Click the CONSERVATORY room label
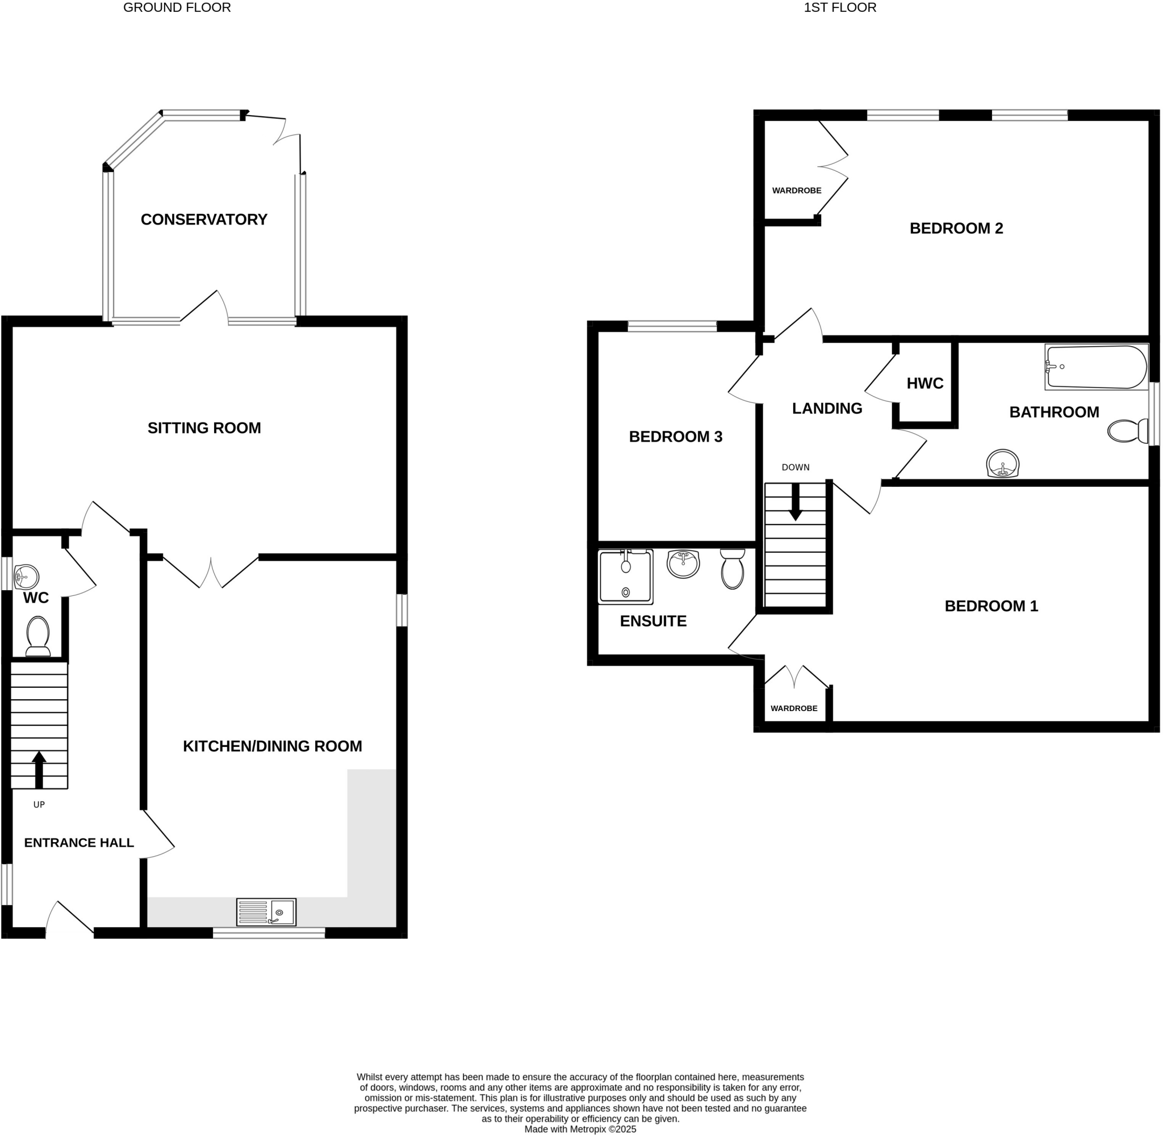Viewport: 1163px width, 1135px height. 203,220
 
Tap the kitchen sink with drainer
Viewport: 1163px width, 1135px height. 266,912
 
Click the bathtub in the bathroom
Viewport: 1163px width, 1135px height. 1095,367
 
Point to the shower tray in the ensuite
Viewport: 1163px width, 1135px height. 625,577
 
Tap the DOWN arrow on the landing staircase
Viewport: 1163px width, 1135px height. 795,503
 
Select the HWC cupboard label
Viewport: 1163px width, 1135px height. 924,383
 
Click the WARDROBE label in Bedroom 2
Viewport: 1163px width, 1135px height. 796,191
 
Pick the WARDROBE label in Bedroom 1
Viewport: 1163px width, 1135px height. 793,708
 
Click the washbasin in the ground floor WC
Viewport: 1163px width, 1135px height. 27,577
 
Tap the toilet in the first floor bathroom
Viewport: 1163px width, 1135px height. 1127,430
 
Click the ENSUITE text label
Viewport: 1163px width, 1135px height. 653,621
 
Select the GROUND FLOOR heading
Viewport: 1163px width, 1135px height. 177,8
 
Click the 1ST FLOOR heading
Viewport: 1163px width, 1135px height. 839,8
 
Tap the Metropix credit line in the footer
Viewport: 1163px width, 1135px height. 580,1129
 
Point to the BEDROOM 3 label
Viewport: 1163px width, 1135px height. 675,437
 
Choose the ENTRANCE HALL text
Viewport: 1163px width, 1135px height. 79,842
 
